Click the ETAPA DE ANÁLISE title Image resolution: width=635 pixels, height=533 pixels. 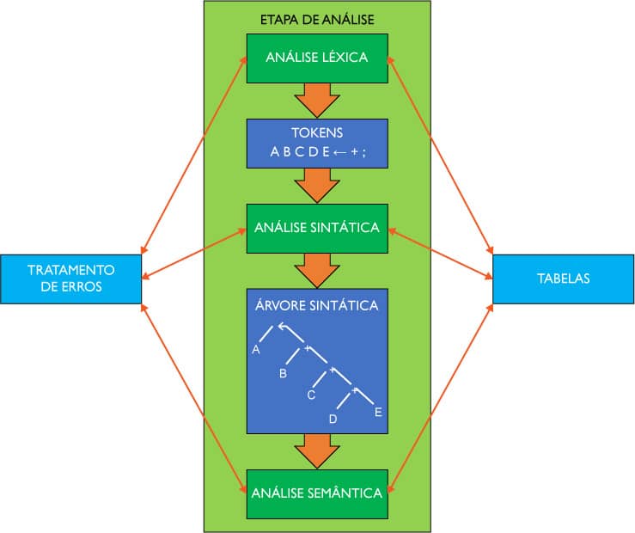316,19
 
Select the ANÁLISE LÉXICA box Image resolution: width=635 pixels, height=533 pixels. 317,58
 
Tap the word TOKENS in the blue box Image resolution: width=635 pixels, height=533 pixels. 317,134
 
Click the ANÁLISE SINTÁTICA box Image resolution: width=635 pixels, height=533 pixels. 317,228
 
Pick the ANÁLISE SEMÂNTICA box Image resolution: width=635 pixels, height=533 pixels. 317,493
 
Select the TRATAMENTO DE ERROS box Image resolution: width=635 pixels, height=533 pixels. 70,279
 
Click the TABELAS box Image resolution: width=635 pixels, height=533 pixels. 563,279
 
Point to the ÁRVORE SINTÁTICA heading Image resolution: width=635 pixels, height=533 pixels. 317,305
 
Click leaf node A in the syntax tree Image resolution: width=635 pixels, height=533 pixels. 256,351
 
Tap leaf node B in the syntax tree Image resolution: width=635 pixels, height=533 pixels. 283,374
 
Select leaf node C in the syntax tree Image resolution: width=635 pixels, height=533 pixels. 311,395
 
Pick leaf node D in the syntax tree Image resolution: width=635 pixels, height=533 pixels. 333,419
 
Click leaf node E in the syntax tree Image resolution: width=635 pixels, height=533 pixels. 377,414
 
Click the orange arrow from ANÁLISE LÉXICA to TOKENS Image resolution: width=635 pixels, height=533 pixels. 317,100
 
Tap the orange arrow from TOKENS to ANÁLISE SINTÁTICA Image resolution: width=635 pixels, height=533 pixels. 317,184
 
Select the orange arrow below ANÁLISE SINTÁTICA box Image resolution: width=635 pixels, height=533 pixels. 317,270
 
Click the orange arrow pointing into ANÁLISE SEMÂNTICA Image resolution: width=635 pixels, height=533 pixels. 317,450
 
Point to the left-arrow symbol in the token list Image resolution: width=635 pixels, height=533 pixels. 340,152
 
